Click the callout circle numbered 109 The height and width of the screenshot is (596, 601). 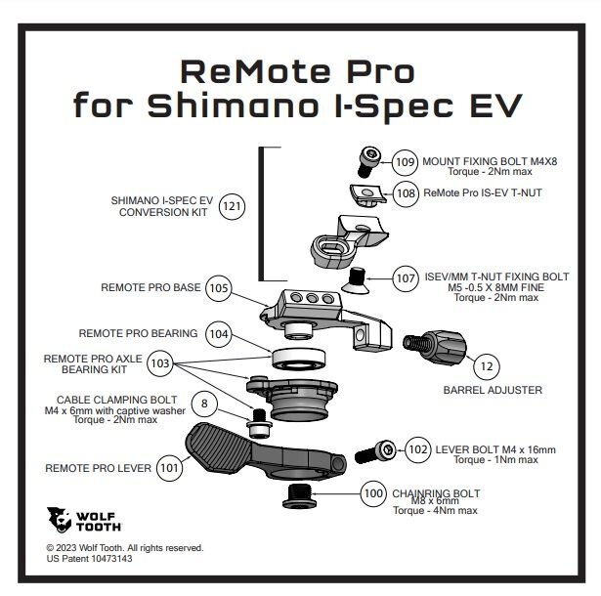(x=405, y=161)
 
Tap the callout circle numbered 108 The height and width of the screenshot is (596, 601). (x=406, y=192)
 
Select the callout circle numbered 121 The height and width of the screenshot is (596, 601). (x=232, y=207)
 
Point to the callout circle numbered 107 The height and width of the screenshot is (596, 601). (x=406, y=278)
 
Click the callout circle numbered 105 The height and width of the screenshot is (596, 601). (x=219, y=288)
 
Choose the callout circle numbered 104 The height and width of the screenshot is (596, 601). (x=220, y=333)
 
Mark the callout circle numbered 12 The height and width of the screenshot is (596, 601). (x=485, y=365)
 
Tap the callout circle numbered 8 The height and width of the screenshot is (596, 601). (x=203, y=403)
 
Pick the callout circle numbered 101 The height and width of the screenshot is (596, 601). (x=169, y=467)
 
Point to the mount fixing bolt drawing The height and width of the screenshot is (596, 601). (x=371, y=155)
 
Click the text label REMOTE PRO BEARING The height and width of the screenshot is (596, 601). (x=138, y=333)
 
